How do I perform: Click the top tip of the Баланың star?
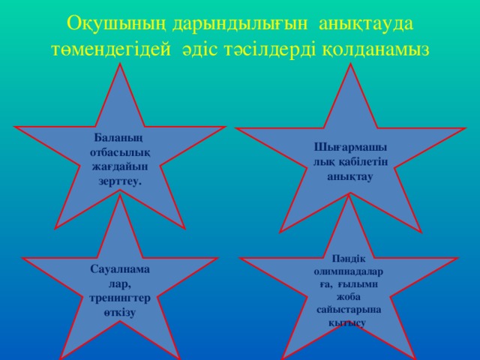[x=121, y=64]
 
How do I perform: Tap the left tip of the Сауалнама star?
[x=22, y=259]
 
